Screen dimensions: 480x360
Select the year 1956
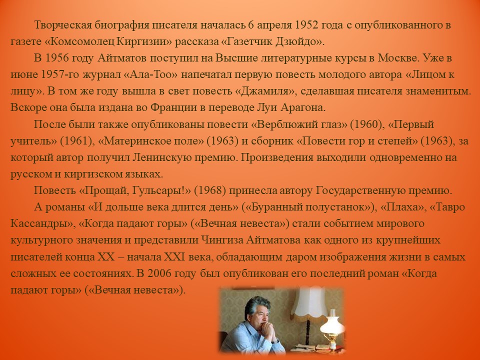click(57, 58)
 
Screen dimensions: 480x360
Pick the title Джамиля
click(265, 91)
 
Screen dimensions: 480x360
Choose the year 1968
click(210, 190)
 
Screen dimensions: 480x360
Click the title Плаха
click(402, 207)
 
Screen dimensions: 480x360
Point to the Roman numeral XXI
click(174, 256)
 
